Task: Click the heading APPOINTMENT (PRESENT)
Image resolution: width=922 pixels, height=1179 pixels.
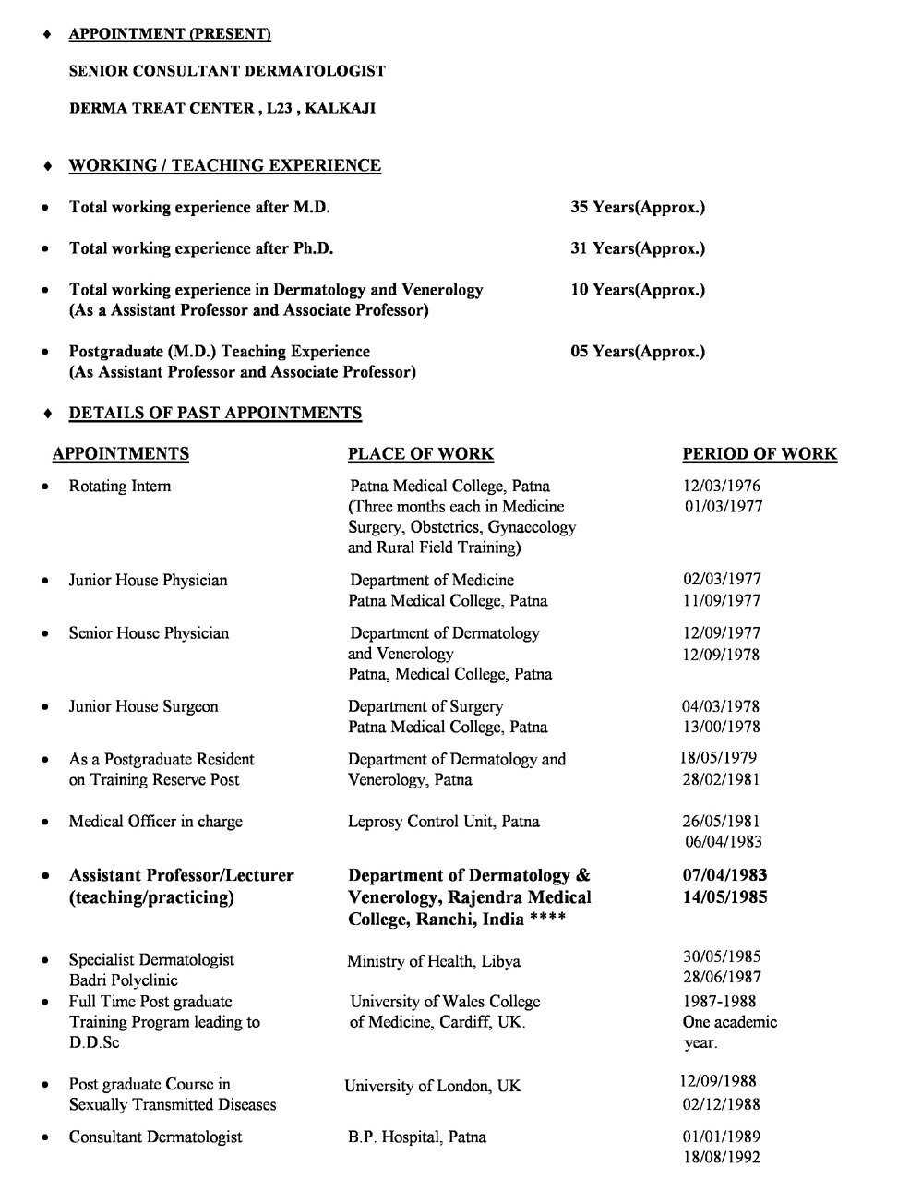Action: point(170,34)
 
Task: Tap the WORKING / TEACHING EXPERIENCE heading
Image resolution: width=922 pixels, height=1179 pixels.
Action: point(224,165)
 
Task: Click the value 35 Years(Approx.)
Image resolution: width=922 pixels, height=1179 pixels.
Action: point(638,207)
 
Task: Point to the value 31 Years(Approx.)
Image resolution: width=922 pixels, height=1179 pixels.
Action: point(638,248)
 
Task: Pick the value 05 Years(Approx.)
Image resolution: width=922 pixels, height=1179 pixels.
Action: point(638,352)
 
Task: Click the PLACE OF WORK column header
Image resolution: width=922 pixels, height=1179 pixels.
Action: point(420,453)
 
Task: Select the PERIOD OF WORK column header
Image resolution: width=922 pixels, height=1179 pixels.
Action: point(760,453)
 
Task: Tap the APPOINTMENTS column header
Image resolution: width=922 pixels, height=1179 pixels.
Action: point(121,453)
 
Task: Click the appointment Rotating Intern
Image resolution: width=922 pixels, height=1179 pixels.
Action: point(120,487)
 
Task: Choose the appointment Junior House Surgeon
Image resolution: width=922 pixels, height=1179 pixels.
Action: point(143,706)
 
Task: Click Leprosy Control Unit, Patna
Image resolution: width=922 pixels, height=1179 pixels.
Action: point(444,821)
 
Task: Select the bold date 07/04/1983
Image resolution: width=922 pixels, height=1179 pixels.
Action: point(724,875)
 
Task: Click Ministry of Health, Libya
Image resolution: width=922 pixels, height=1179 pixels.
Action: point(434,961)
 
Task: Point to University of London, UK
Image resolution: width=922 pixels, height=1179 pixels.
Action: point(433,1086)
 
